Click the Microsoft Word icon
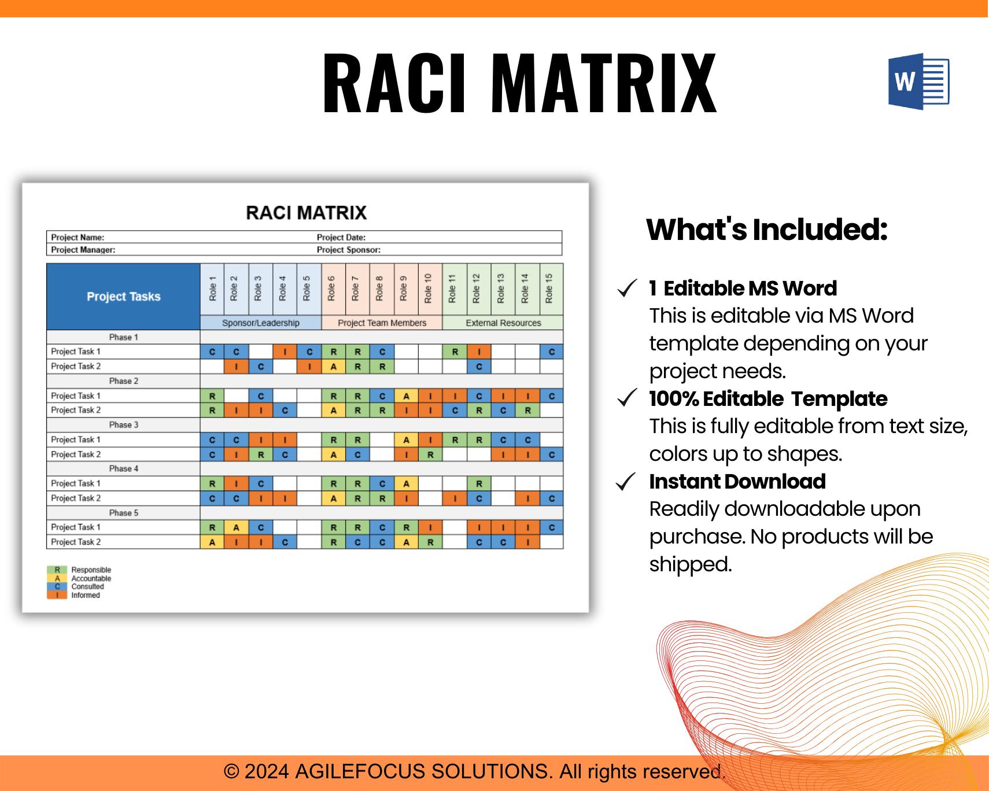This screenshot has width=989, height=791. (x=918, y=82)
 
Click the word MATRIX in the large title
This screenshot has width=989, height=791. (x=607, y=83)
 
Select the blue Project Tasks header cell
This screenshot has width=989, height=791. (x=123, y=297)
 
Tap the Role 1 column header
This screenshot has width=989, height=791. (x=212, y=289)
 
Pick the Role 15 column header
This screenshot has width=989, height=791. (x=550, y=289)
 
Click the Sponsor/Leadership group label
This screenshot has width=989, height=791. (x=261, y=323)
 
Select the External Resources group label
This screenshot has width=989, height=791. (x=503, y=323)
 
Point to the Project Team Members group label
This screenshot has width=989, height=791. (x=382, y=323)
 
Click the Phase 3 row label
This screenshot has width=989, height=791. (x=124, y=425)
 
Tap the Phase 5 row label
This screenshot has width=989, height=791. (x=124, y=513)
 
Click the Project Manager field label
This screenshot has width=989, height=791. (x=83, y=250)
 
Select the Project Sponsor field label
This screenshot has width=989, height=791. (x=348, y=250)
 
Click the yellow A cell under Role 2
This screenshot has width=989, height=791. (x=236, y=527)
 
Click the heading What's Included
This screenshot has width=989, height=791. (x=766, y=230)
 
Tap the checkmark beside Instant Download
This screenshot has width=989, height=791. (x=627, y=482)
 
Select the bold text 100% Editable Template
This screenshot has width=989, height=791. (x=768, y=399)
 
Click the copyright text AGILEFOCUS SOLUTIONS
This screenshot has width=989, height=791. (x=422, y=771)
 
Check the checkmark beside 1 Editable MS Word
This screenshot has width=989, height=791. (x=627, y=289)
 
